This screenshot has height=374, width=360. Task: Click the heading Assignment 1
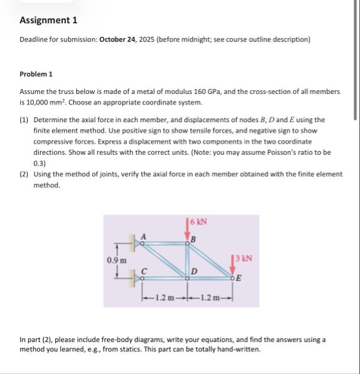click(x=48, y=20)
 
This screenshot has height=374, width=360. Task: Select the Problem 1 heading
click(x=36, y=74)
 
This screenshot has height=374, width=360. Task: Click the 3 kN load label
click(x=243, y=258)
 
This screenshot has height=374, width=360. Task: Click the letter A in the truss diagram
click(x=143, y=236)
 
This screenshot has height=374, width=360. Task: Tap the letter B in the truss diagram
click(x=194, y=239)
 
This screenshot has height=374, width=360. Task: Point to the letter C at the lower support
click(x=144, y=272)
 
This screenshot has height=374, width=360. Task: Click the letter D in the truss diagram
click(x=194, y=271)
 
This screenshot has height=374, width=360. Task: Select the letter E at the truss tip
click(x=239, y=278)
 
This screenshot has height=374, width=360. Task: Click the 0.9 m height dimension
click(x=117, y=260)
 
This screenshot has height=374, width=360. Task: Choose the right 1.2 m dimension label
click(x=210, y=298)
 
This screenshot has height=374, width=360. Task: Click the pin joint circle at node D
click(x=188, y=278)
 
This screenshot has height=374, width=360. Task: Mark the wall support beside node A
click(x=132, y=243)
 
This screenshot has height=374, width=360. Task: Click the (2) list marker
click(x=24, y=174)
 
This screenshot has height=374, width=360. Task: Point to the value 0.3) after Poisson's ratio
click(x=40, y=164)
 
